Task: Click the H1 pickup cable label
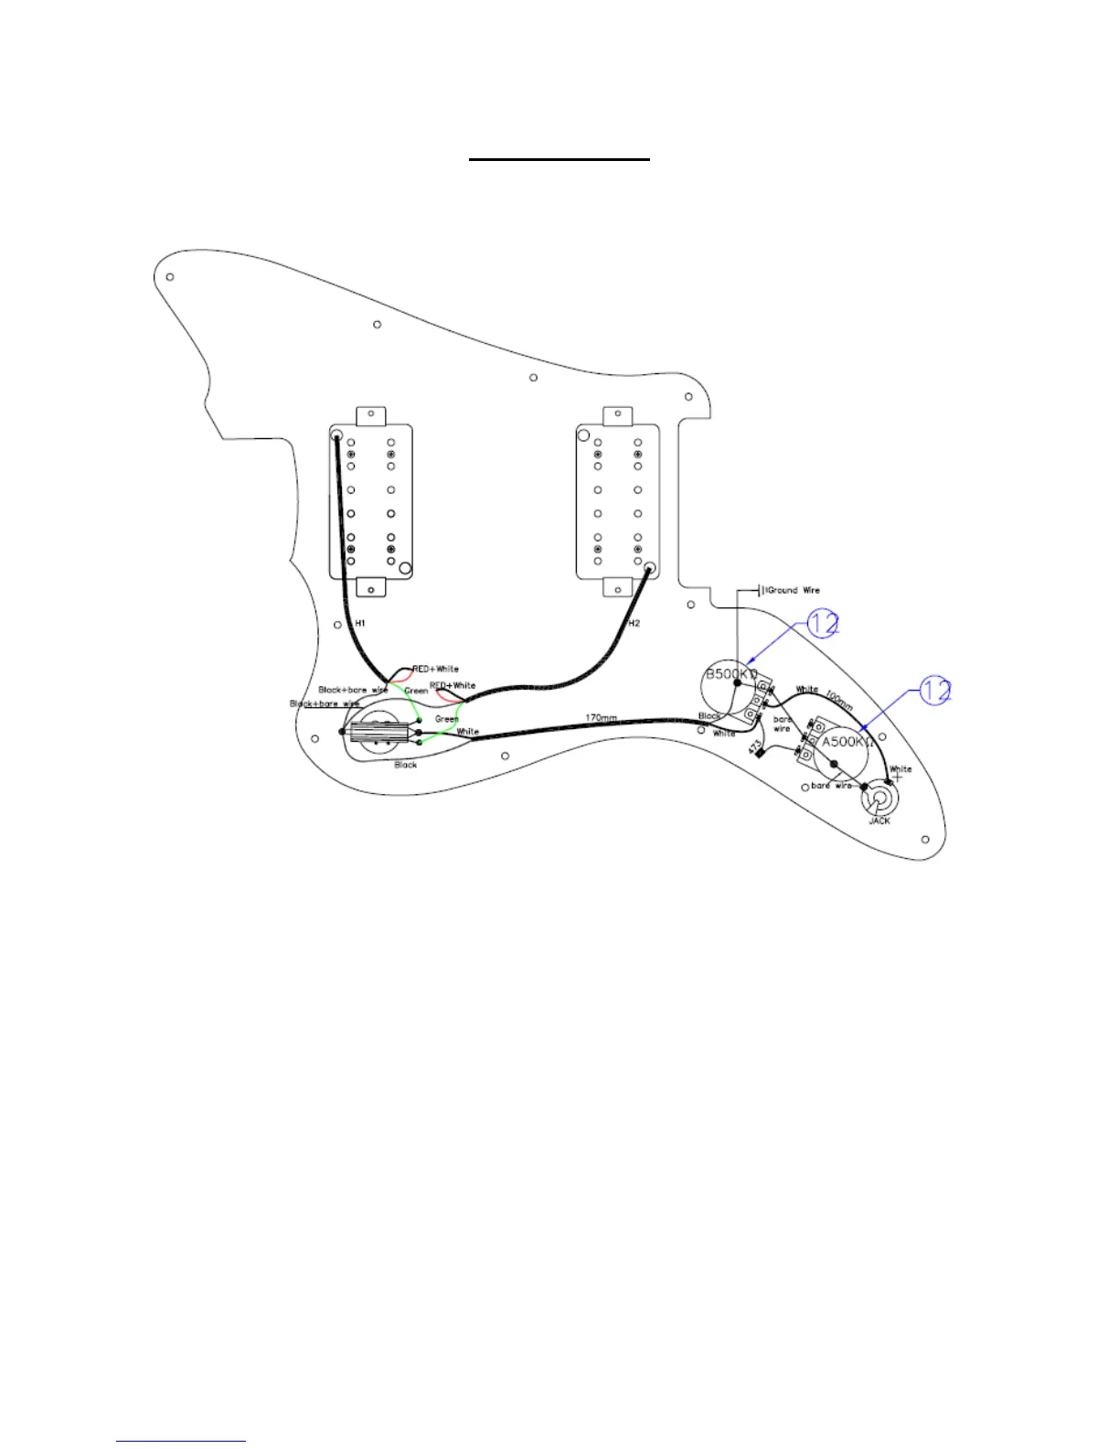[x=360, y=623]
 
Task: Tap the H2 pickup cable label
[x=634, y=623]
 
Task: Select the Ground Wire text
[x=793, y=590]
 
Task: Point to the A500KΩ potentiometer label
[x=847, y=742]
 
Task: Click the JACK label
[x=879, y=821]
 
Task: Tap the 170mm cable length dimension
[x=601, y=717]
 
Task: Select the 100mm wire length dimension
[x=839, y=699]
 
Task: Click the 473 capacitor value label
[x=753, y=748]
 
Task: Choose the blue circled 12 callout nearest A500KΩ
[x=935, y=691]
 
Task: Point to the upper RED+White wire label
[x=435, y=669]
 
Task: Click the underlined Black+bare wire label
[x=353, y=690]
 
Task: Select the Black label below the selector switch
[x=406, y=765]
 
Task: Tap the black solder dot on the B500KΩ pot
[x=737, y=707]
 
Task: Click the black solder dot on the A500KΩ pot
[x=834, y=764]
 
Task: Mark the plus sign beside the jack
[x=897, y=779]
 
